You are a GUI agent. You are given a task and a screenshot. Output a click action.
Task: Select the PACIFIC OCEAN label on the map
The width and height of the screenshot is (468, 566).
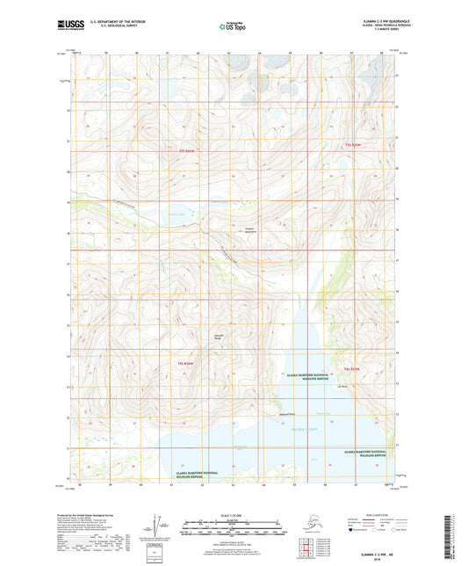298,428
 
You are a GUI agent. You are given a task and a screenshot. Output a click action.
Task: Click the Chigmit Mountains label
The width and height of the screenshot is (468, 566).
253,231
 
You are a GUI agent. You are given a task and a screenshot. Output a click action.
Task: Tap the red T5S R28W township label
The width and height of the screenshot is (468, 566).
353,144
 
